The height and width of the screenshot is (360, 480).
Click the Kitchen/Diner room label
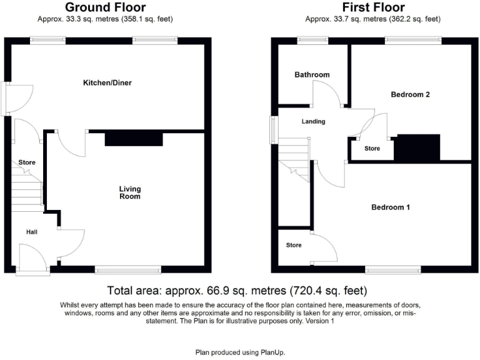(x=107, y=82)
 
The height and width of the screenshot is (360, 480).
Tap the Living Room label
(x=130, y=192)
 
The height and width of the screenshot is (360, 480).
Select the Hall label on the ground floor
(x=32, y=232)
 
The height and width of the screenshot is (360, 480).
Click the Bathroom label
(x=312, y=75)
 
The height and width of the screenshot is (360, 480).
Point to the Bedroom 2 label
(x=410, y=95)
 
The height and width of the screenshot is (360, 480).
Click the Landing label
(x=313, y=121)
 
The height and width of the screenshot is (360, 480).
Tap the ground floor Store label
(x=26, y=162)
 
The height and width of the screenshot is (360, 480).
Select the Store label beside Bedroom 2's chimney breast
(x=372, y=149)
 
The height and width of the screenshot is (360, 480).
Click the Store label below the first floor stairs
(x=294, y=245)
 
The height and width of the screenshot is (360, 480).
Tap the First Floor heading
(x=373, y=7)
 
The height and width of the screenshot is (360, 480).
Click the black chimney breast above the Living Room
(x=134, y=139)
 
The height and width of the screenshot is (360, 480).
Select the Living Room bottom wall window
(x=128, y=270)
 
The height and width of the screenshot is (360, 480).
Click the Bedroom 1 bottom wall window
(x=393, y=270)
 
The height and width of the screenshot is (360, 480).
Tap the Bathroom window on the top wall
(x=311, y=41)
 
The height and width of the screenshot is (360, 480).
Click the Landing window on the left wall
(x=272, y=129)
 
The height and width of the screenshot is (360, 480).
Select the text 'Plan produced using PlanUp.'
(x=240, y=352)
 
